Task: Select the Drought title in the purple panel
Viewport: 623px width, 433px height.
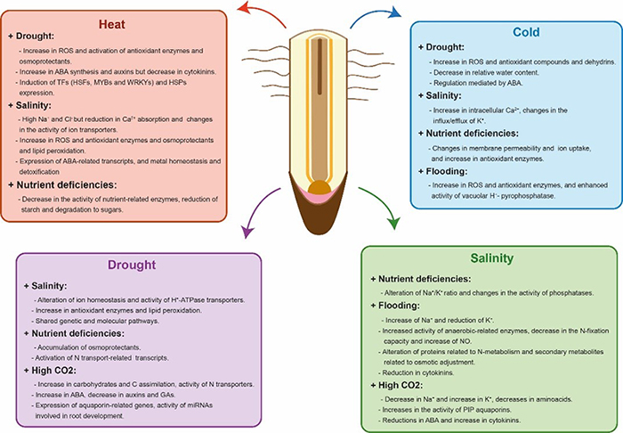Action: pos(133,264)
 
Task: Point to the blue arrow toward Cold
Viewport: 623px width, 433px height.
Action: pos(366,17)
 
